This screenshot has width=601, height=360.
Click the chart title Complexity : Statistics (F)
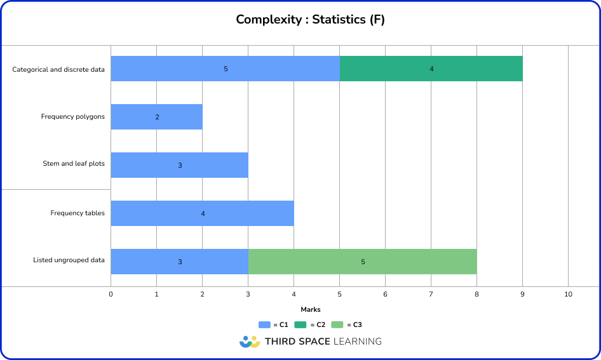click(x=310, y=20)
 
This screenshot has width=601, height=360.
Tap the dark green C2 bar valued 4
click(x=431, y=69)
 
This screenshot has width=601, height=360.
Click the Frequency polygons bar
click(x=156, y=117)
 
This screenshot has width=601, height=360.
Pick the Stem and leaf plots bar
click(x=179, y=165)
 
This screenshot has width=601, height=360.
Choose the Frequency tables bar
click(x=202, y=213)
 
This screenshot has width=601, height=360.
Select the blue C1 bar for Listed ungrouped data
click(x=179, y=262)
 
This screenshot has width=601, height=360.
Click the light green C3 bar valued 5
click(x=362, y=262)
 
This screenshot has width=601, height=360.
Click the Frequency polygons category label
click(x=72, y=117)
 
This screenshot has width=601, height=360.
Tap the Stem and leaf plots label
click(x=74, y=164)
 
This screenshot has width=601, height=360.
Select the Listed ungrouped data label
click(x=69, y=260)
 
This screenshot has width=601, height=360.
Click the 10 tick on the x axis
click(x=568, y=295)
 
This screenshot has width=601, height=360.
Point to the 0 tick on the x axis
click(x=111, y=295)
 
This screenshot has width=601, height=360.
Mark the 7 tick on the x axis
click(x=431, y=295)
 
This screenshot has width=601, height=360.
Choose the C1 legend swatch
click(x=264, y=324)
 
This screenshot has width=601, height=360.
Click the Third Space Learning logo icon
click(x=250, y=342)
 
